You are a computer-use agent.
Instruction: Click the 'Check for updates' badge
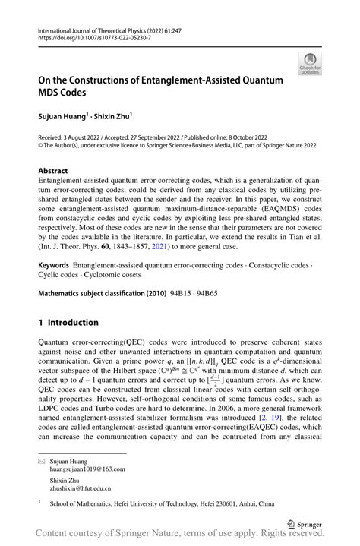310,65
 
